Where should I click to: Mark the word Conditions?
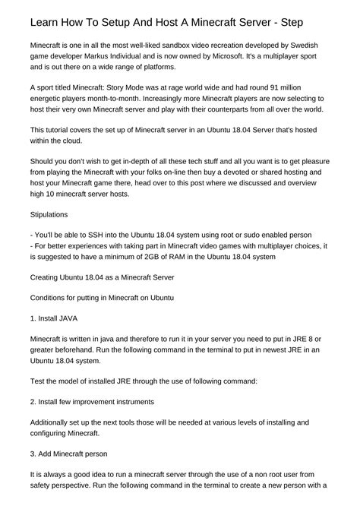(x=52, y=299)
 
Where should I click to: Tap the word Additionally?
(x=55, y=422)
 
